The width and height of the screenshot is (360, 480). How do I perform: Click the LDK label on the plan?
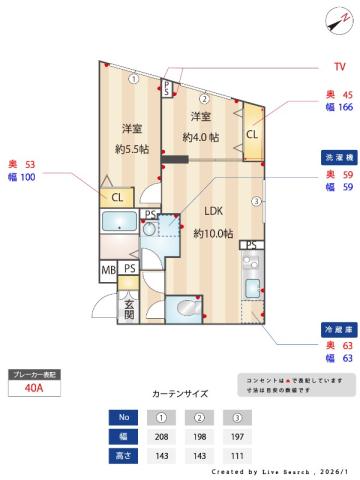(x=213, y=211)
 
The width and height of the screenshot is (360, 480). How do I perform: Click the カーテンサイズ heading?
(x=180, y=394)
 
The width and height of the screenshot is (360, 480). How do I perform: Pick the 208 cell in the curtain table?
(x=161, y=436)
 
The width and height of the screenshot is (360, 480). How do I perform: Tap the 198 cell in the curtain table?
(x=199, y=436)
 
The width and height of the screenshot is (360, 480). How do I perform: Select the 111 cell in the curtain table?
(x=237, y=455)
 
